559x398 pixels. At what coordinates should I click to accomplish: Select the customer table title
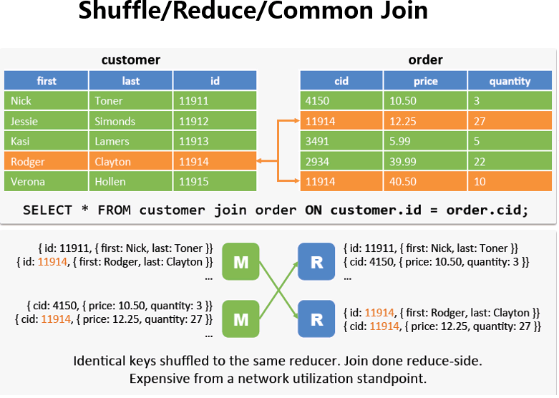(130, 59)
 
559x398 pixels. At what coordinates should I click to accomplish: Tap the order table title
(425, 59)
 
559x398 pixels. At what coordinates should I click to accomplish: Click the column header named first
(47, 81)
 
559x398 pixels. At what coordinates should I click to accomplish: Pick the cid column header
(341, 81)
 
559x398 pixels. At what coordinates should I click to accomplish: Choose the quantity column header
(510, 81)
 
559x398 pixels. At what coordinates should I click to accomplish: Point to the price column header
(425, 81)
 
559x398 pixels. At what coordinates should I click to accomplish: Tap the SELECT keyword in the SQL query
(48, 210)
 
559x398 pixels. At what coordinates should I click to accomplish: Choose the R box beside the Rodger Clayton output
(316, 319)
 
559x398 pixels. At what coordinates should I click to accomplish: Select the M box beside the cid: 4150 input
(240, 319)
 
